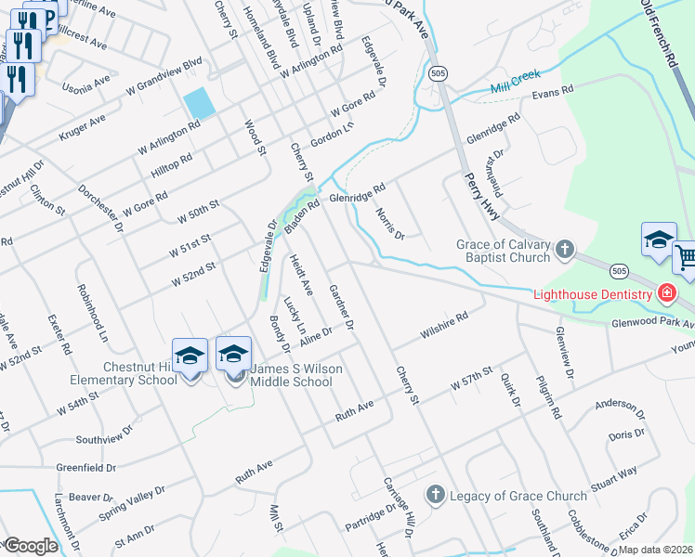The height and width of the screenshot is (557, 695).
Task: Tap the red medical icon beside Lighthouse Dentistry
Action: (665, 294)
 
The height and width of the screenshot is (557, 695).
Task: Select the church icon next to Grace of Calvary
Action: (564, 249)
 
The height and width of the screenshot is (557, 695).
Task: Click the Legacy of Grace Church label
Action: (518, 495)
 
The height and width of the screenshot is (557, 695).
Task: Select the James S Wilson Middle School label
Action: (291, 375)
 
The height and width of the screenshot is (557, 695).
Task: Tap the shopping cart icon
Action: (686, 256)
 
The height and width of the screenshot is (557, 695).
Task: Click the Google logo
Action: (30, 546)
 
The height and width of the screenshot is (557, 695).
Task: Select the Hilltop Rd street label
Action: (171, 167)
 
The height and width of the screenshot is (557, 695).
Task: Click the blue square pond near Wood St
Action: (199, 102)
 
